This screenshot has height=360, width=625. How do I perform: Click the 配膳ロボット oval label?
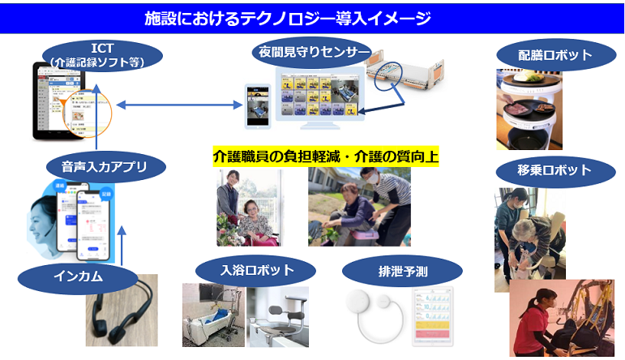click(555, 55)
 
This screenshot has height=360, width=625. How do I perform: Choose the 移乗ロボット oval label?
click(555, 170)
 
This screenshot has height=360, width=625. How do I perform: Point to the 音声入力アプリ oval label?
click(106, 168)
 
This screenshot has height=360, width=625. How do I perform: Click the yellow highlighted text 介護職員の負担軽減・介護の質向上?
click(325, 156)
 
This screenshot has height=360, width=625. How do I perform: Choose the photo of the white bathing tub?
click(212, 318)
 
